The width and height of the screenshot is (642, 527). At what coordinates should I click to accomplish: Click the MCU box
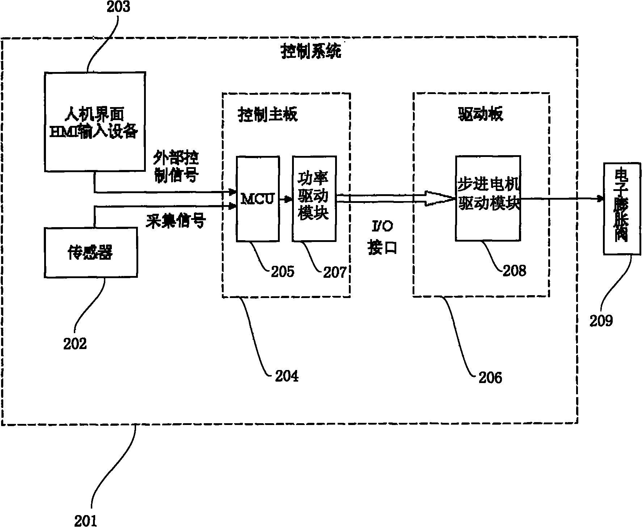[258, 199]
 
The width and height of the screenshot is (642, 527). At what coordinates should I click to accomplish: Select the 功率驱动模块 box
[314, 199]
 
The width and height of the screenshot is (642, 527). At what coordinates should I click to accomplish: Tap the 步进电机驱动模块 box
[488, 198]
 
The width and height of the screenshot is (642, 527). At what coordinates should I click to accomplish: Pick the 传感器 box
[90, 252]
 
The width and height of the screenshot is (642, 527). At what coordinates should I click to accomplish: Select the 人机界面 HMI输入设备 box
[95, 121]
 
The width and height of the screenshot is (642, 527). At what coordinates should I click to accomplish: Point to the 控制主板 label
[268, 115]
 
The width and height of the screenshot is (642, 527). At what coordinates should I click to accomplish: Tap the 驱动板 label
[480, 114]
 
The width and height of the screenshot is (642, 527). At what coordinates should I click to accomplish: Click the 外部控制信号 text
[176, 166]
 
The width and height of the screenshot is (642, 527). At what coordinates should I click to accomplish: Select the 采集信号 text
[176, 221]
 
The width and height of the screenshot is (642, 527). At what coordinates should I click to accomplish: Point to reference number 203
[118, 7]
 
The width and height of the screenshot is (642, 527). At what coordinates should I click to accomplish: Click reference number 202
[75, 343]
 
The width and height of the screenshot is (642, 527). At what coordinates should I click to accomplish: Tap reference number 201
[86, 520]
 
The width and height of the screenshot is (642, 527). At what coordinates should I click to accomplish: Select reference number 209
[601, 320]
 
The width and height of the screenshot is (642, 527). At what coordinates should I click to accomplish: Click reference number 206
[490, 378]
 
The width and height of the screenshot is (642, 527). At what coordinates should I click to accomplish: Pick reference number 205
[283, 271]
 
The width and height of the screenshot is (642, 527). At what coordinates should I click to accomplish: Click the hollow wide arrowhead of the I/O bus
[439, 199]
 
